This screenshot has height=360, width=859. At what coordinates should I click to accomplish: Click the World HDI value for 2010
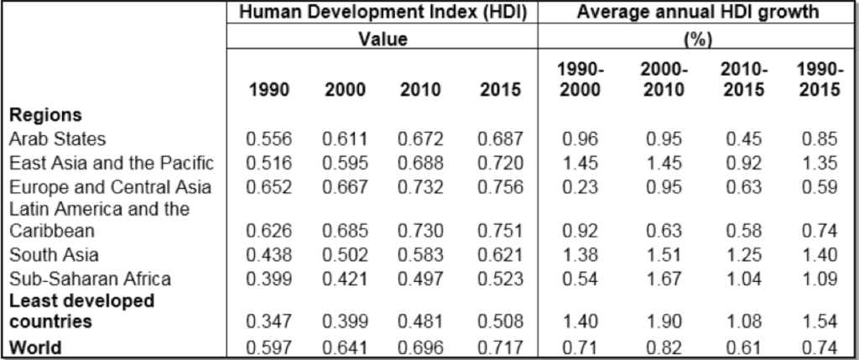421,347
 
